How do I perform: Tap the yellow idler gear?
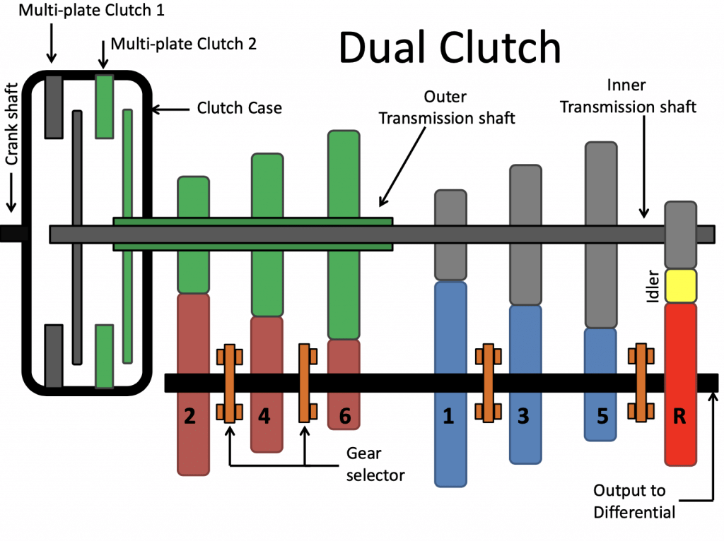[681, 285]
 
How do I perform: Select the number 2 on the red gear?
[189, 417]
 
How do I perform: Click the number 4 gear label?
[264, 417]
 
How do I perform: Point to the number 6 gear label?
[344, 417]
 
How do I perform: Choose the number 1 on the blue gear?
[448, 417]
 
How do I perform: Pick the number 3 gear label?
[524, 417]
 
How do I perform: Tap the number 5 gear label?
[602, 417]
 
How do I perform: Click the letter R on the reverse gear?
[679, 417]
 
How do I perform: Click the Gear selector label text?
[375, 463]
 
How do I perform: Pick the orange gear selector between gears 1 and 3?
[487, 383]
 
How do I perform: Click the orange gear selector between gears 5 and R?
[641, 383]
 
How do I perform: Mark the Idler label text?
[653, 285]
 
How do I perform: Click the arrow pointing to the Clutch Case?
[170, 109]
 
